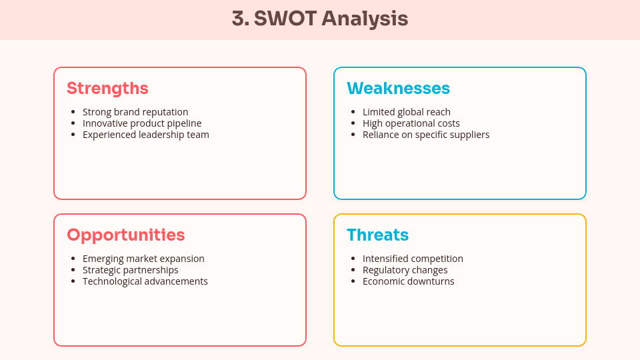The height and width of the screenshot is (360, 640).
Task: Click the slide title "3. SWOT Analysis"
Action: pos(320,19)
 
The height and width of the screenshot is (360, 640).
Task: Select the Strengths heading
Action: pos(107,88)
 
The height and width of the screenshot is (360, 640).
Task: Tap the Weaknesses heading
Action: pos(398,88)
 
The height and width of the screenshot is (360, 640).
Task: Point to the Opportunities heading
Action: pos(126,235)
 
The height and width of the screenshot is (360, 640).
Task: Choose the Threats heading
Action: pos(377,235)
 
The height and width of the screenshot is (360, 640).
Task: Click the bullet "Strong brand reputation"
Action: pos(135,112)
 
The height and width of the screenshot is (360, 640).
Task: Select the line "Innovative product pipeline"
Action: pos(142,123)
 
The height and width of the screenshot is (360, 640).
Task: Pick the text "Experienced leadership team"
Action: pos(146,135)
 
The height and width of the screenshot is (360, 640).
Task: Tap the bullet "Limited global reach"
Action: pos(407,112)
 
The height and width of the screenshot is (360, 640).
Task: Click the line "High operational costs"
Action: pos(411,123)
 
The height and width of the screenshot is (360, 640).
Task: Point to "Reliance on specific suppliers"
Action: pos(426,135)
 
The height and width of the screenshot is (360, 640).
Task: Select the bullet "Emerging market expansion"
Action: pos(143,259)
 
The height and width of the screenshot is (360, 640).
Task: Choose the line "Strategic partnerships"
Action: pos(131,270)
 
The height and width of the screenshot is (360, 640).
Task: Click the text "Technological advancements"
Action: pos(145,281)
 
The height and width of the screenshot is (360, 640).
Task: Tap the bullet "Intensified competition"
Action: pos(413,259)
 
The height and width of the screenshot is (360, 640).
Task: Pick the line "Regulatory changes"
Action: pos(405,270)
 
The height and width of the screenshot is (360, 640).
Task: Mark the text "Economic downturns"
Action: pos(409,281)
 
